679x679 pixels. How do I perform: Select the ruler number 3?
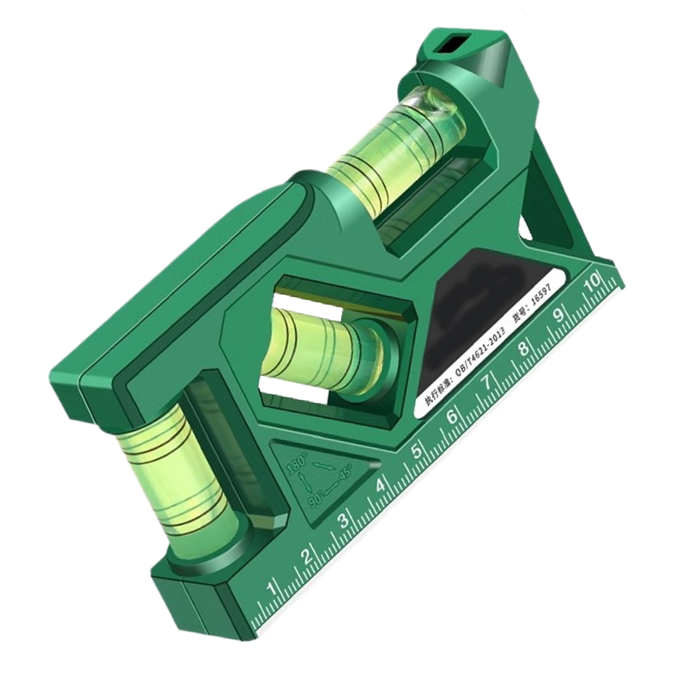click(x=344, y=521)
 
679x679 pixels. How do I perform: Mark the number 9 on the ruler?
click(x=559, y=314)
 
